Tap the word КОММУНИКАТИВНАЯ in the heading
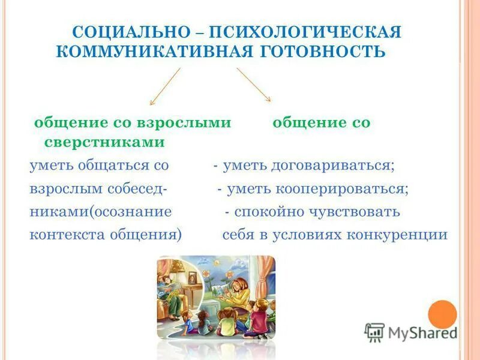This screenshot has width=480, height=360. (149, 50)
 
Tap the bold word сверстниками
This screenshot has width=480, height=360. (104, 142)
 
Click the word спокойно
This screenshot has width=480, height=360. (269, 212)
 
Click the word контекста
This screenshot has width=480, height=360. (66, 235)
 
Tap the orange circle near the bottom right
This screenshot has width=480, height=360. (443, 314)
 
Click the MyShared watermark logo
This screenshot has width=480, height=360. (410, 332)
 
